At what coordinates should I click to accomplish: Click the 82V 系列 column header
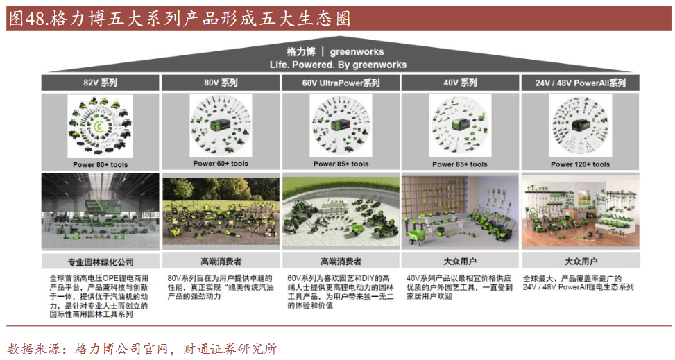point(100,83)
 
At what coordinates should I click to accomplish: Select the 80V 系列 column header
point(221,83)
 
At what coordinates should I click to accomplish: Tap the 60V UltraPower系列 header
point(341,83)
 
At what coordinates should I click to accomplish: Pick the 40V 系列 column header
point(460,83)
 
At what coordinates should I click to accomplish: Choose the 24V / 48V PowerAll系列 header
point(581,83)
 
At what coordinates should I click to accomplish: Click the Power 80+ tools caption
point(101,164)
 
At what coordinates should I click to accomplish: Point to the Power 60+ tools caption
point(221,164)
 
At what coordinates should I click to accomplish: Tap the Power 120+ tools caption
point(581,164)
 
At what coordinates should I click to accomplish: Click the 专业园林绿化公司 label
point(101,262)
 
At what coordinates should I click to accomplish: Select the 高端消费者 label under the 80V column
point(221,262)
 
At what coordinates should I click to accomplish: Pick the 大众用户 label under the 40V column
point(460,262)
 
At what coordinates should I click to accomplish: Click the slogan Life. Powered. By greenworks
point(338,65)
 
